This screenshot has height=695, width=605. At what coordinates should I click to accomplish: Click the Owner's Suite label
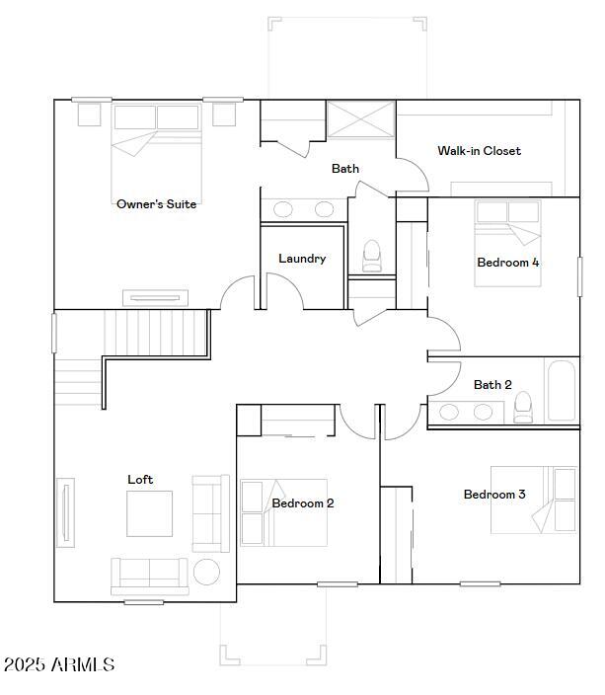[156, 204]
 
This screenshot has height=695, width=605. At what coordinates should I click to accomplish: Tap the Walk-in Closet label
[479, 151]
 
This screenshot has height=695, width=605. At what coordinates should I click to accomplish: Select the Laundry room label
[302, 259]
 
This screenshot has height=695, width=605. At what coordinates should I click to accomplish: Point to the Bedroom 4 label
[507, 263]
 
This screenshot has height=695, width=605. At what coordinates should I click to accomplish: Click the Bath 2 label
[492, 385]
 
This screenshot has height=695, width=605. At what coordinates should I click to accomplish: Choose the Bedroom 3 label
[494, 495]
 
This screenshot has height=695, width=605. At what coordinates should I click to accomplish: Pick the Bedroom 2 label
[303, 503]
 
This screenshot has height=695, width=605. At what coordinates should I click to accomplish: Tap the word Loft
[140, 480]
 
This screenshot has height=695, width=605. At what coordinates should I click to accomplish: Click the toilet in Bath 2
[523, 406]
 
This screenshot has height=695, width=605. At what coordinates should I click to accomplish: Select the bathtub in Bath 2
[561, 391]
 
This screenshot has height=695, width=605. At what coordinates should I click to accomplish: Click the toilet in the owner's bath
[372, 256]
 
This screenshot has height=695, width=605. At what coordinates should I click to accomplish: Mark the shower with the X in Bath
[360, 120]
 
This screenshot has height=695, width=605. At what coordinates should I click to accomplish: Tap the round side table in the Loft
[206, 572]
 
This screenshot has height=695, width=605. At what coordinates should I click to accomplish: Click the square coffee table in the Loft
[149, 513]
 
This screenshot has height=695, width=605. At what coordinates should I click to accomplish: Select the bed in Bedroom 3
[533, 500]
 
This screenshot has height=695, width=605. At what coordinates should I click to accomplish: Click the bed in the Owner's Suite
[156, 148]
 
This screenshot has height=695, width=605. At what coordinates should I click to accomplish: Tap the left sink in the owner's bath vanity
[283, 209]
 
